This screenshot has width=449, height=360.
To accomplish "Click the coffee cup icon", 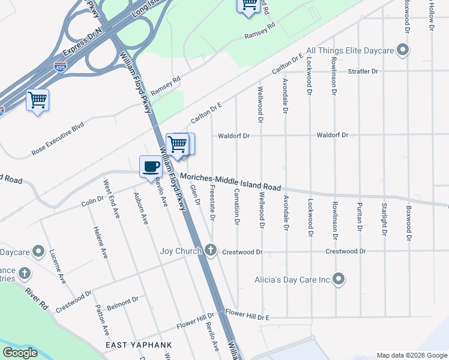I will (x=150, y=166).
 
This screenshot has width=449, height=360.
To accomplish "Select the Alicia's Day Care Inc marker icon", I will (x=339, y=279).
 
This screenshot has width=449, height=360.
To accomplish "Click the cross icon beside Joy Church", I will (x=209, y=250).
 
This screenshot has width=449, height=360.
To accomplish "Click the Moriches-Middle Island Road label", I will (x=231, y=182).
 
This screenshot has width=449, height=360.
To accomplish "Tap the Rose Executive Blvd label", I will (x=58, y=139).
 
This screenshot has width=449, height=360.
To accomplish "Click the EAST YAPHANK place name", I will (x=139, y=346).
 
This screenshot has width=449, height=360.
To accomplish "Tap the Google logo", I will (x=20, y=353).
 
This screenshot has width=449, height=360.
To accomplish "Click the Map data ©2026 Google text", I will (x=411, y=355).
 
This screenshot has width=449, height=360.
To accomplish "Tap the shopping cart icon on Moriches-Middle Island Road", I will (x=178, y=144).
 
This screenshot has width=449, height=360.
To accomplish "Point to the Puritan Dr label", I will (x=360, y=217).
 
